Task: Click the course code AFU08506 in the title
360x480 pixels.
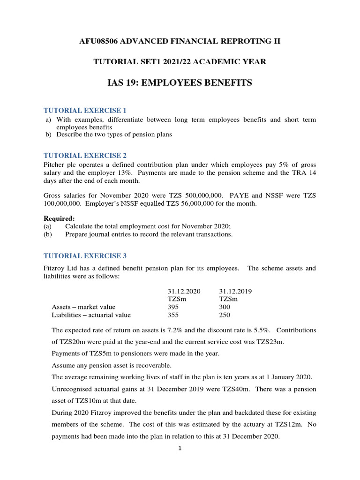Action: [99, 41]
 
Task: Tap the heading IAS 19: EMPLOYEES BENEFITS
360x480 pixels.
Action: [180, 83]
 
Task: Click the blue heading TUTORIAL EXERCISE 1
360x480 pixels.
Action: [85, 111]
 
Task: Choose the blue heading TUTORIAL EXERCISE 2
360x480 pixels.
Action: [85, 155]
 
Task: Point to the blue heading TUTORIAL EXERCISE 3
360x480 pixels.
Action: [85, 256]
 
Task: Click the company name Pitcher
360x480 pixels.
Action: [55, 165]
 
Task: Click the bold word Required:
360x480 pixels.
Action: [60, 218]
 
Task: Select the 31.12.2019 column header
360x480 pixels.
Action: [235, 291]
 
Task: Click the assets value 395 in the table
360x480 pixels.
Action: [173, 307]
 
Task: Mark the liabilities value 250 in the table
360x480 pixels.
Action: [225, 315]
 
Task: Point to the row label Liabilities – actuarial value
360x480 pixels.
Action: [91, 315]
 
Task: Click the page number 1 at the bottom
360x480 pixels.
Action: [180, 449]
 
